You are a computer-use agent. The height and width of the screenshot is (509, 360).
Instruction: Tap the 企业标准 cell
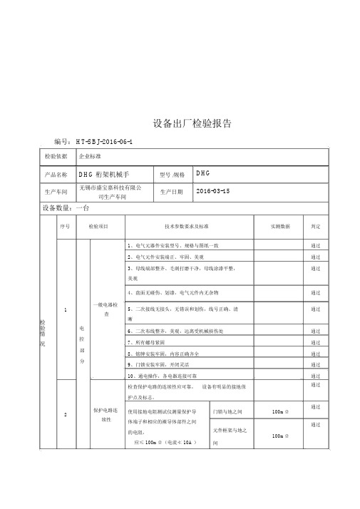click(x=90, y=155)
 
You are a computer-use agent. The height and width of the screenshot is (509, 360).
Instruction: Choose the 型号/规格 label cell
click(x=173, y=174)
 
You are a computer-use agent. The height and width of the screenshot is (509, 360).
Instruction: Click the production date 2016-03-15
click(x=212, y=192)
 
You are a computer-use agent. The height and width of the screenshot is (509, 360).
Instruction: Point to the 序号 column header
click(x=66, y=226)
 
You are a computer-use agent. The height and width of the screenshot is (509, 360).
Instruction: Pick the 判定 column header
click(x=316, y=226)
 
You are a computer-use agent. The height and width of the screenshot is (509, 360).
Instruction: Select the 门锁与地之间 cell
click(x=232, y=411)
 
